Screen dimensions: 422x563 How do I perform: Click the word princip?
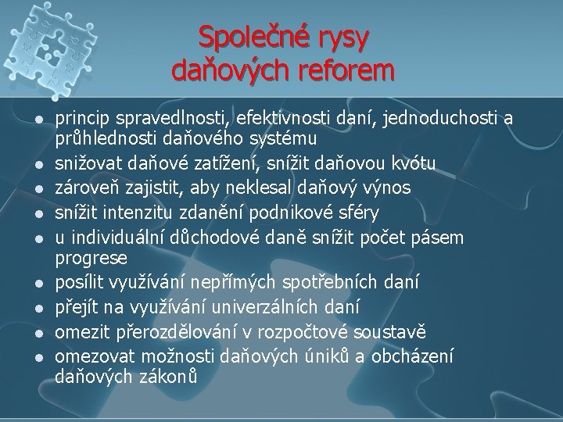(x=82, y=119)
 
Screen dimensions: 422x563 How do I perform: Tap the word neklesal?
(x=256, y=188)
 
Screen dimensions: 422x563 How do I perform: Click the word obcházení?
(x=412, y=354)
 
